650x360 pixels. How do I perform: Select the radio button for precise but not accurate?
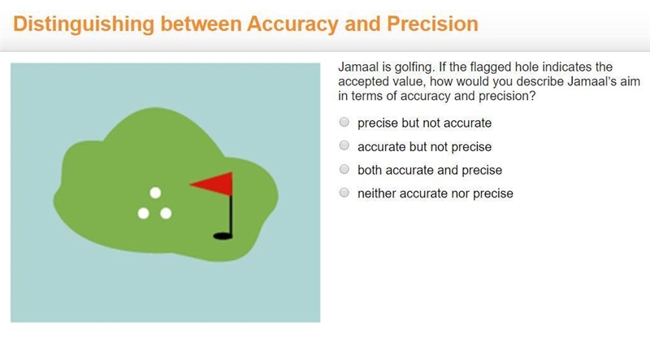tap(344, 122)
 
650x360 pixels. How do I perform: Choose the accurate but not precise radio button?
tap(344, 145)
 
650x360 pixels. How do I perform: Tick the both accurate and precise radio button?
tap(344, 169)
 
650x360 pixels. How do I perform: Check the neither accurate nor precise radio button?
tap(344, 193)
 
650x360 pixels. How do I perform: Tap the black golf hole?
tap(223, 236)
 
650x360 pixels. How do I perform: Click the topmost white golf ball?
tap(155, 193)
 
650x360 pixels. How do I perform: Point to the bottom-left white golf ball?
tap(144, 213)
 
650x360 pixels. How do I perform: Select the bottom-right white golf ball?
tap(166, 213)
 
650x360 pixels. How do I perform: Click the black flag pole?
tap(231, 215)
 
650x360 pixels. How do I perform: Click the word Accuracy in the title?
tap(292, 24)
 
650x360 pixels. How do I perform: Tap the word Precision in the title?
tap(432, 24)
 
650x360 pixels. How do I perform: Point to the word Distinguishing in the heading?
tap(84, 24)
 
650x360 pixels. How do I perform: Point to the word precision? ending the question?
tap(507, 96)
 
